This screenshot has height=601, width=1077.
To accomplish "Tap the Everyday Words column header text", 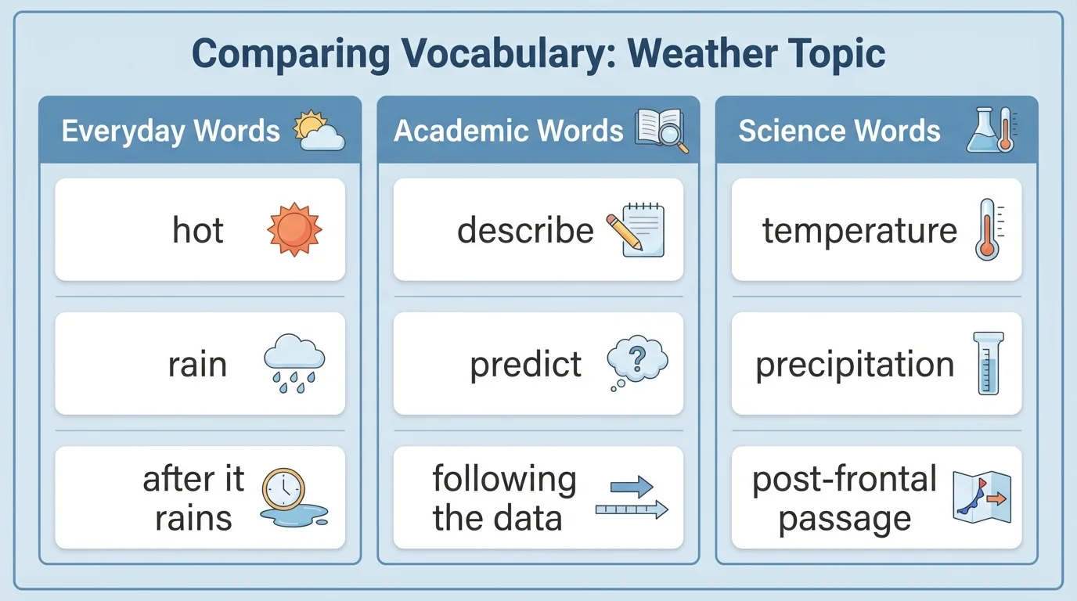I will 171,131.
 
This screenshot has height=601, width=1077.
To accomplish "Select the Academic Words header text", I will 508,131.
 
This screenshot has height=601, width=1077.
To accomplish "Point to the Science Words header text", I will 839,131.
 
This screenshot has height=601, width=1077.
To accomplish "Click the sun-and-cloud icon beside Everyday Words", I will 318,131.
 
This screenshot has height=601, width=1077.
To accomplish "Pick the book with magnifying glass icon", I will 662,130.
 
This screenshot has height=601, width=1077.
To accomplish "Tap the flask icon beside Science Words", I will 982,130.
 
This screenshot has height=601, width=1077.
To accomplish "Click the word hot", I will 198,230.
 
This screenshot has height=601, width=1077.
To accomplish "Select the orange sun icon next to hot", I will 294,230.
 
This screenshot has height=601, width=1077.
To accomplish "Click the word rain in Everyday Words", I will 197,365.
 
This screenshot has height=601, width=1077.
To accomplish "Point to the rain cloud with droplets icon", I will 294,362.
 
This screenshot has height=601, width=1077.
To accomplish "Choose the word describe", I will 525,230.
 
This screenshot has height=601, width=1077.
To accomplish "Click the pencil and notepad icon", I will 636,229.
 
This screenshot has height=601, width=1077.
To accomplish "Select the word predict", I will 525,365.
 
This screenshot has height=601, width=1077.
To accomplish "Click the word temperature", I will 859,230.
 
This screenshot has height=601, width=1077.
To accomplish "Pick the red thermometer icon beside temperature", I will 987,229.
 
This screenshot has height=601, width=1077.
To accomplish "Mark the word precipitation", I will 855,365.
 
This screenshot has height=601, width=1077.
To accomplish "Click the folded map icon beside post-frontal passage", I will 982,497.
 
